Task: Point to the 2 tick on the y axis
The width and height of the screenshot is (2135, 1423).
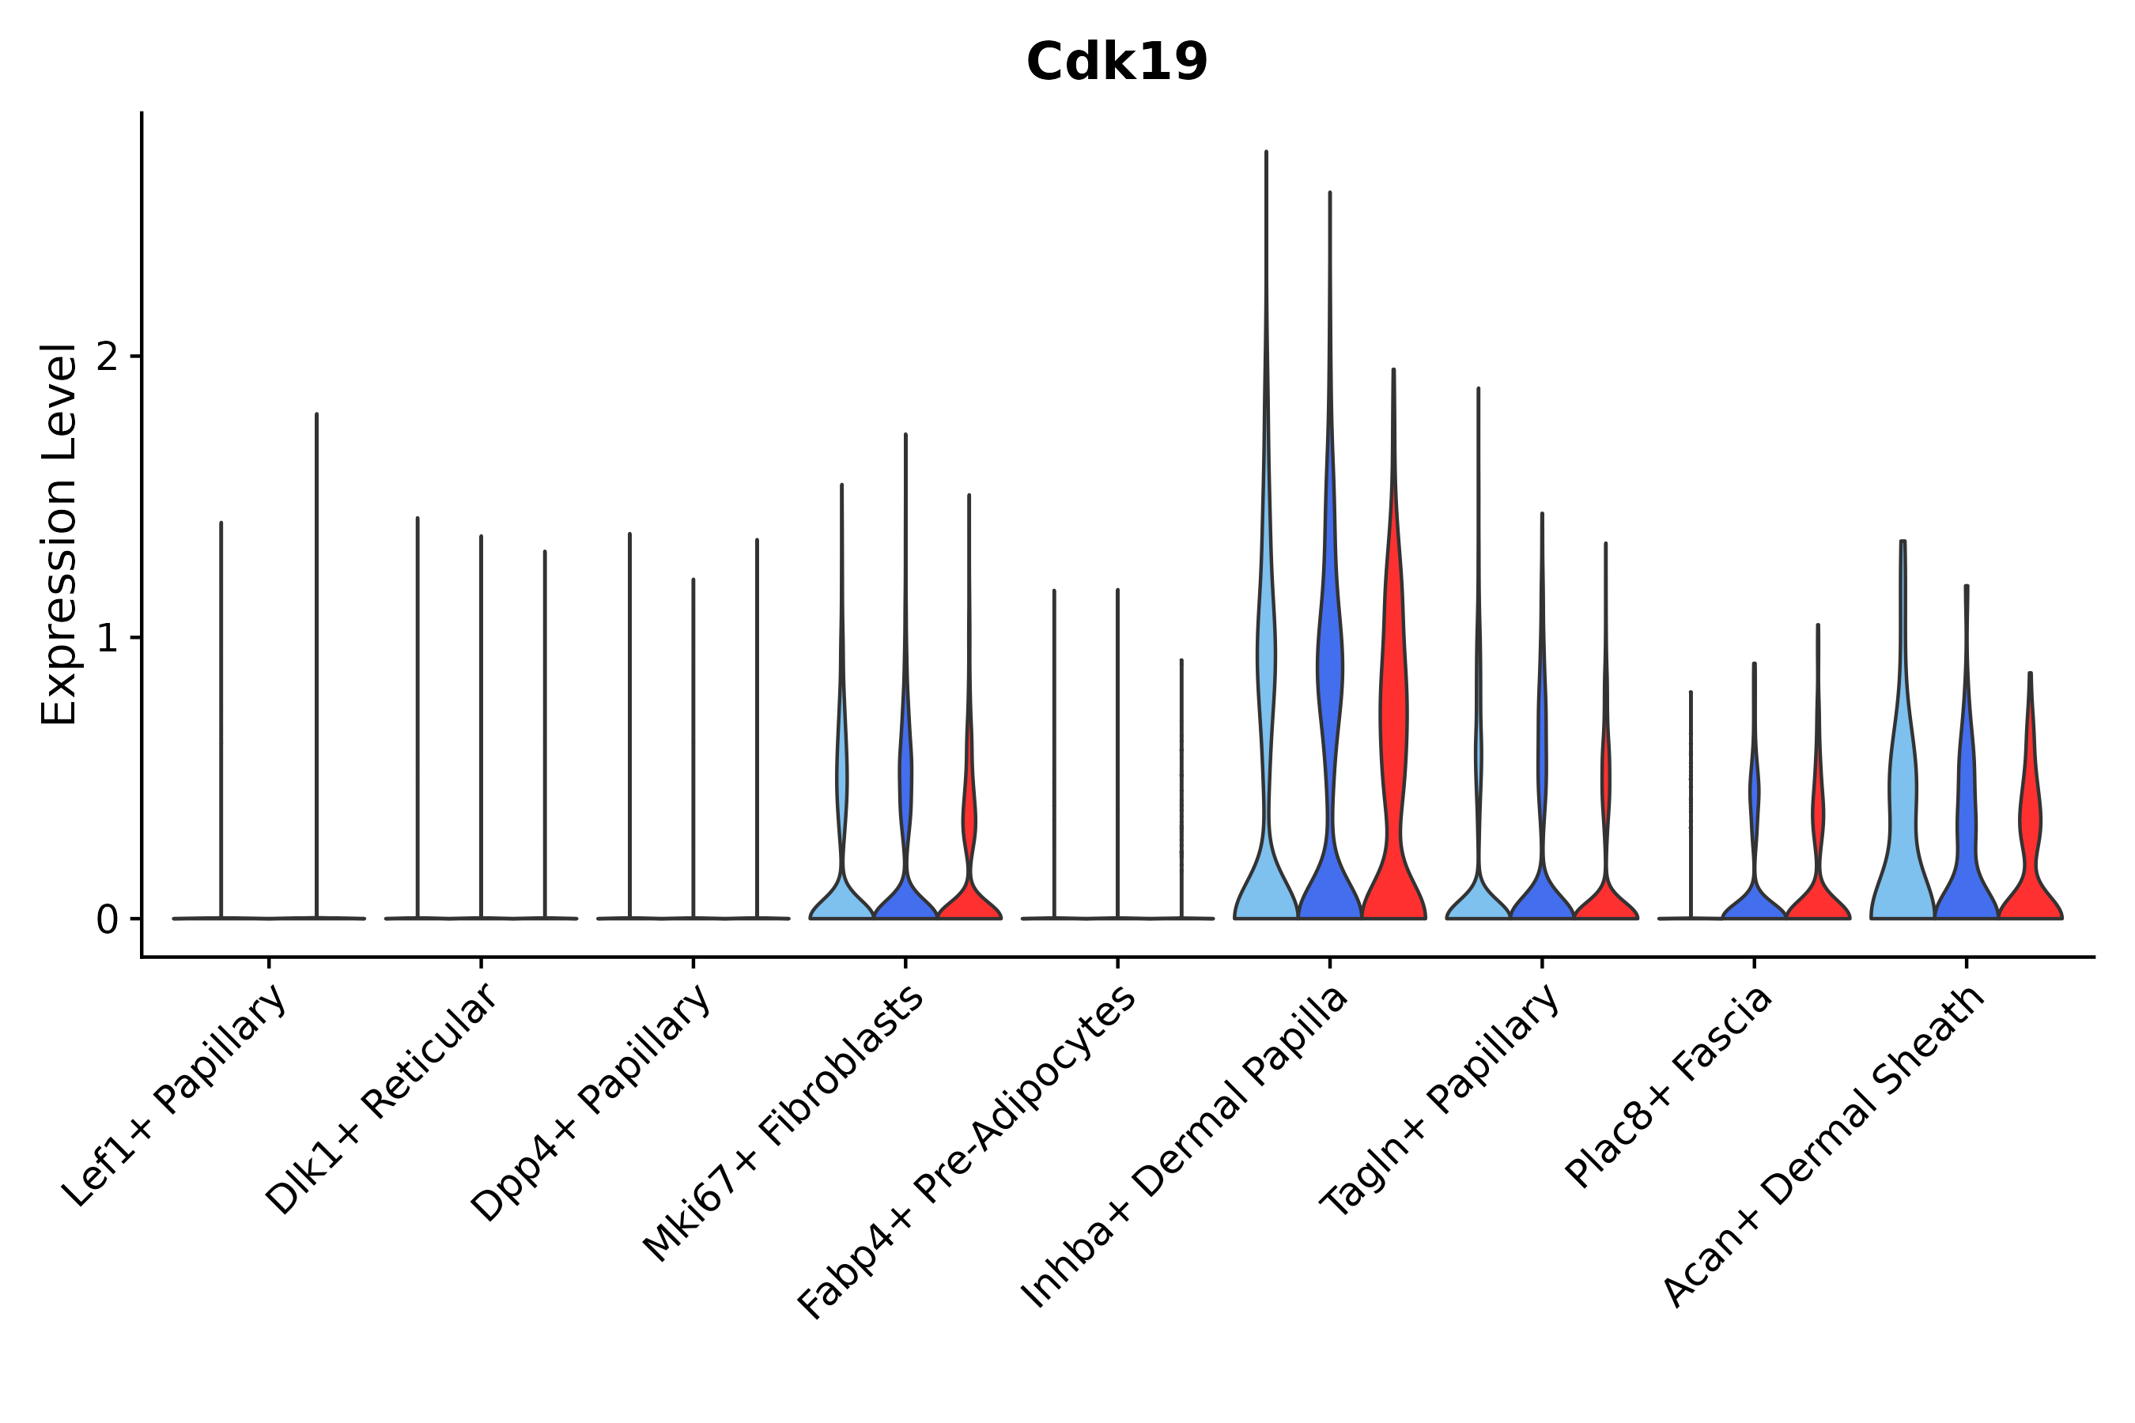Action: click(107, 357)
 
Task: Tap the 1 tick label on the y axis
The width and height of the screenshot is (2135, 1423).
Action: click(107, 639)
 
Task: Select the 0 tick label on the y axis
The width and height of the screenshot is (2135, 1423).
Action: click(107, 920)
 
